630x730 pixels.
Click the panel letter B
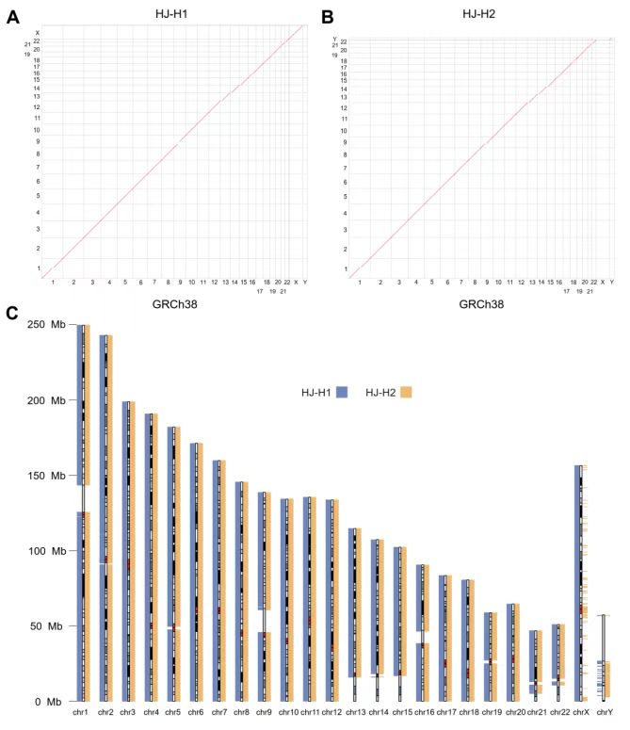point(327,17)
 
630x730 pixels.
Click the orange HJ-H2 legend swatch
point(406,391)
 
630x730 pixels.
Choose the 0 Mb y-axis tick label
point(49,702)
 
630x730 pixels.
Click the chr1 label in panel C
point(83,715)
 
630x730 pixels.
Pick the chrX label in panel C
point(581,715)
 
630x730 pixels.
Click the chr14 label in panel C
point(379,715)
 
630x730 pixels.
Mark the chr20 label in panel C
point(514,715)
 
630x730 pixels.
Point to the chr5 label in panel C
point(173,715)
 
